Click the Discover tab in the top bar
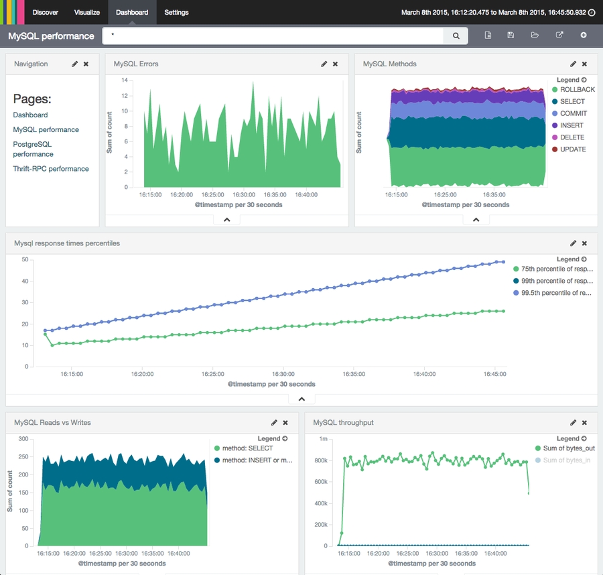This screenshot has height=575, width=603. [45, 12]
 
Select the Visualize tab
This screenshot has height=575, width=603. [87, 12]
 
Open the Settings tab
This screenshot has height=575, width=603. [176, 12]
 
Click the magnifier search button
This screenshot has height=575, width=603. [456, 36]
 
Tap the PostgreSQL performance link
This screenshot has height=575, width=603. [32, 149]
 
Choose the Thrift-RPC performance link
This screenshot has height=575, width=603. [51, 169]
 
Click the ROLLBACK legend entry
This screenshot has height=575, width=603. [577, 90]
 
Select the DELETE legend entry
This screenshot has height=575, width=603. [573, 137]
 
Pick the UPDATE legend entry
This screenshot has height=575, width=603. [573, 149]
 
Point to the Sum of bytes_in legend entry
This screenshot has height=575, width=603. [568, 460]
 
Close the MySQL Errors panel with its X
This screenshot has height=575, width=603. [335, 64]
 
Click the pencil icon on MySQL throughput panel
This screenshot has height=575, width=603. [573, 423]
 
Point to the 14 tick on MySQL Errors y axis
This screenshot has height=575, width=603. [124, 80]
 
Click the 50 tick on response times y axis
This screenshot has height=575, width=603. [24, 259]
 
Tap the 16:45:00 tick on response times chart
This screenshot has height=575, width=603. [494, 374]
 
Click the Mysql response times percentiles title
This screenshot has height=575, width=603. [67, 243]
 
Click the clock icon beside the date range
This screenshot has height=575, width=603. [592, 12]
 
